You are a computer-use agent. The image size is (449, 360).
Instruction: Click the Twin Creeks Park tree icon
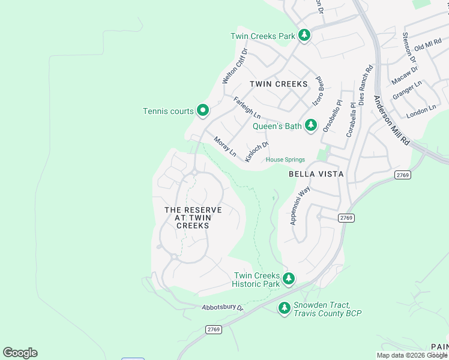[305, 35]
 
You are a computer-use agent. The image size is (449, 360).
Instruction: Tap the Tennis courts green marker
[203, 110]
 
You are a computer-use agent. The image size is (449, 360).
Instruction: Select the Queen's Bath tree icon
[310, 125]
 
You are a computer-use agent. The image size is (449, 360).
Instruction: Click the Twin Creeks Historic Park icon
[289, 278]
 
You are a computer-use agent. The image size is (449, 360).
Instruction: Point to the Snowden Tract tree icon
[284, 308]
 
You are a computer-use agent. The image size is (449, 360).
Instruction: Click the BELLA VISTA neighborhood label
[316, 174]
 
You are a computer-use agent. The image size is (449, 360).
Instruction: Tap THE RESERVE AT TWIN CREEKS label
[193, 218]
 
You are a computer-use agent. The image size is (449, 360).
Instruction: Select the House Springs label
[286, 160]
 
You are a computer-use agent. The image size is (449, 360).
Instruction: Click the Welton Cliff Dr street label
[234, 66]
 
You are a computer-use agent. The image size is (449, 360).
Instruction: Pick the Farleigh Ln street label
[247, 107]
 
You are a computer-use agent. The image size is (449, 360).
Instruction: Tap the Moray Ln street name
[225, 146]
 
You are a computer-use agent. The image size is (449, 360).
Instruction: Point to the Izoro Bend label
[319, 91]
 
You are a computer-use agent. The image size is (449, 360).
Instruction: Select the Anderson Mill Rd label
[391, 121]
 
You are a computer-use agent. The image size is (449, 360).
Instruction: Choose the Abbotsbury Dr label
[223, 308]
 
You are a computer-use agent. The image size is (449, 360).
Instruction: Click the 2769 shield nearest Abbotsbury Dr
[214, 329]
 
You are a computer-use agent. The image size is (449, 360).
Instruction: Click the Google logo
[20, 352]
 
